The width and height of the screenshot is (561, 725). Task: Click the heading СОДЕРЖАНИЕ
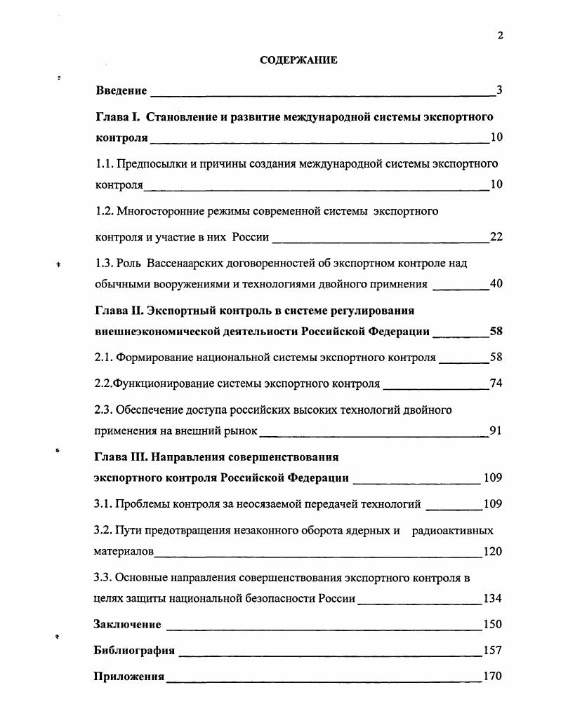pyautogui.click(x=298, y=60)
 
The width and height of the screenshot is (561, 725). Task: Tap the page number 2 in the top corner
pyautogui.click(x=501, y=36)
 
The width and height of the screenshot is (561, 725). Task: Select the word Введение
pyautogui.click(x=121, y=90)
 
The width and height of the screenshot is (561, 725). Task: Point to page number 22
pyautogui.click(x=496, y=237)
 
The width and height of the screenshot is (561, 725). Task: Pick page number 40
pyautogui.click(x=496, y=284)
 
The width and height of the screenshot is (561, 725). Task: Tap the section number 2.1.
pyautogui.click(x=103, y=358)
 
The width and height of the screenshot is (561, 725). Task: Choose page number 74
pyautogui.click(x=496, y=384)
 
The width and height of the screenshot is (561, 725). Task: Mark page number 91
pyautogui.click(x=496, y=431)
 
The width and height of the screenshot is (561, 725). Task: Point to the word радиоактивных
pyautogui.click(x=453, y=530)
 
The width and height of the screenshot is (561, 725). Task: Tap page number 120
pyautogui.click(x=493, y=551)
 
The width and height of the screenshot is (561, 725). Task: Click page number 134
pyautogui.click(x=493, y=599)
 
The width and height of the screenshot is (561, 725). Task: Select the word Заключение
pyautogui.click(x=127, y=624)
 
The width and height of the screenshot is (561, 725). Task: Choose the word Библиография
pyautogui.click(x=134, y=650)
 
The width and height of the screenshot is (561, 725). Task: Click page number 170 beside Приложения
pyautogui.click(x=493, y=677)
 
